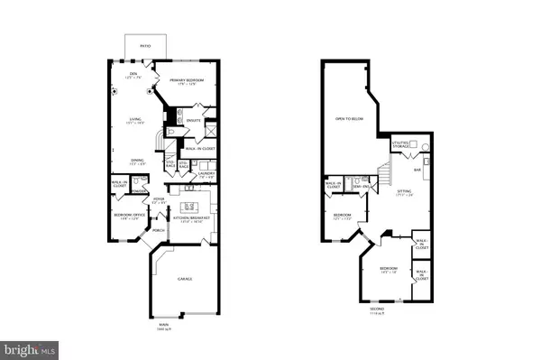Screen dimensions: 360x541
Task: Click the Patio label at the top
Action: tap(145, 44)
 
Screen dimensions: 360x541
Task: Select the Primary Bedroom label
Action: tap(187, 83)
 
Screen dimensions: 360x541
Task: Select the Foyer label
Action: tap(159, 200)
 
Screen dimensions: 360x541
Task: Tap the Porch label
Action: tap(159, 231)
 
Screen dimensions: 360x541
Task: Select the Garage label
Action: tap(186, 280)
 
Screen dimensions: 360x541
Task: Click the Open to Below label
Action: tap(349, 118)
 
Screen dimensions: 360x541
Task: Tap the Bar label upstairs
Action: tap(417, 170)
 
